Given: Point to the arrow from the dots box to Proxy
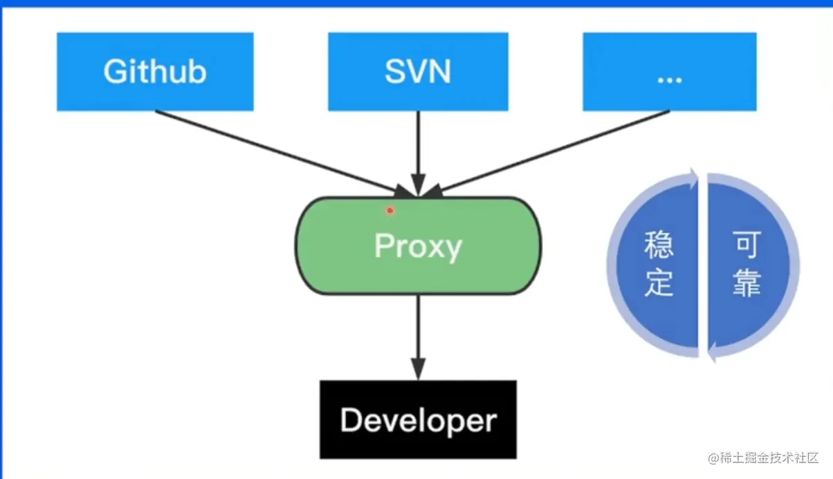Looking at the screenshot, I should pos(553,150).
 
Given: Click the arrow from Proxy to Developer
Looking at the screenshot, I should pos(417,335).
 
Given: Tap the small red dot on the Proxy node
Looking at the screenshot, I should pos(390,210).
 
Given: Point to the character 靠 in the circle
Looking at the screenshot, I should pos(747,283).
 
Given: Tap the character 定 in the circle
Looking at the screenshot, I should pos(659,283).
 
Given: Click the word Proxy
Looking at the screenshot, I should pos(418,246).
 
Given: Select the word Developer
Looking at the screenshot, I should pos(418,420).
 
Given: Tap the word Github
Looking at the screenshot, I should pos(155,71).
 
